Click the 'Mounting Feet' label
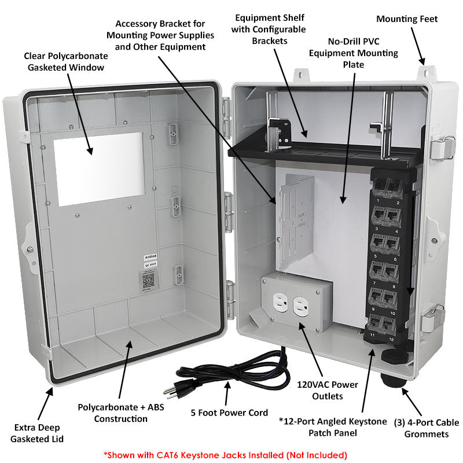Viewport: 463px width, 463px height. (x=407, y=19)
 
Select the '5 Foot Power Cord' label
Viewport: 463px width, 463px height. (x=229, y=413)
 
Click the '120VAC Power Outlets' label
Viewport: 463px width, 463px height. (x=327, y=390)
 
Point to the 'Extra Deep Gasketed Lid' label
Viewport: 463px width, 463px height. (x=37, y=433)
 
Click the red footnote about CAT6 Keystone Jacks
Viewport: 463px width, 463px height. (x=225, y=454)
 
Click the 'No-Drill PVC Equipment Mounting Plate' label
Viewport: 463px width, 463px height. (x=354, y=53)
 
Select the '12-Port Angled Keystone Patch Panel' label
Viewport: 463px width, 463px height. (x=332, y=427)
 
